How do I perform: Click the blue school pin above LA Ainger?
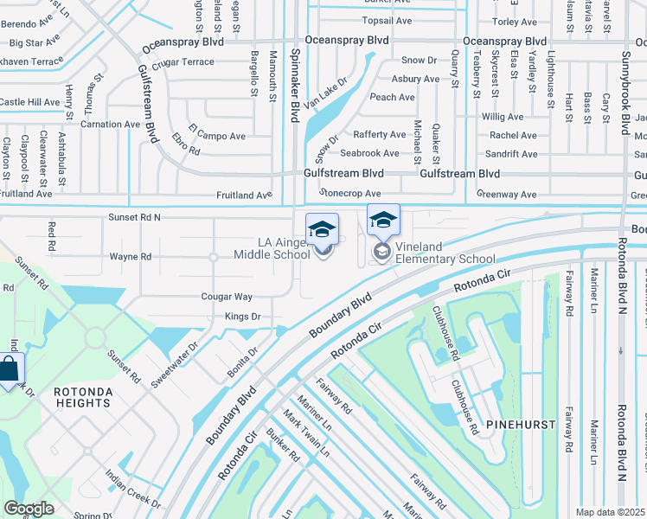[322, 229]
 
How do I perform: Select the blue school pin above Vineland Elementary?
[383, 221]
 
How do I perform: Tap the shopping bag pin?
[9, 370]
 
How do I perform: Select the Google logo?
[29, 509]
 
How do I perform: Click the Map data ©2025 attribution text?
[611, 512]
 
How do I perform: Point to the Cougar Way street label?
[227, 297]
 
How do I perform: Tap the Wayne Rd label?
[131, 257]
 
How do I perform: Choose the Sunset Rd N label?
[134, 218]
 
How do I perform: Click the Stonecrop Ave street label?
[349, 194]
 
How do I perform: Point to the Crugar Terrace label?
[183, 62]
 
